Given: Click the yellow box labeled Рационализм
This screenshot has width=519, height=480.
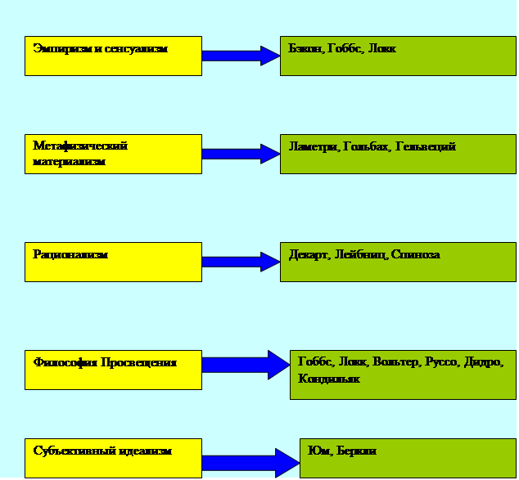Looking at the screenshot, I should tap(113, 262).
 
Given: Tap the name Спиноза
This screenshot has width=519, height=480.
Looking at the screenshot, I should tap(415, 255).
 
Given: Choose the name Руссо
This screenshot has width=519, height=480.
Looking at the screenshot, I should tap(441, 362).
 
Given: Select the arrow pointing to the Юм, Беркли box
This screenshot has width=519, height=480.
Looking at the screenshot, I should tap(250, 463).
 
